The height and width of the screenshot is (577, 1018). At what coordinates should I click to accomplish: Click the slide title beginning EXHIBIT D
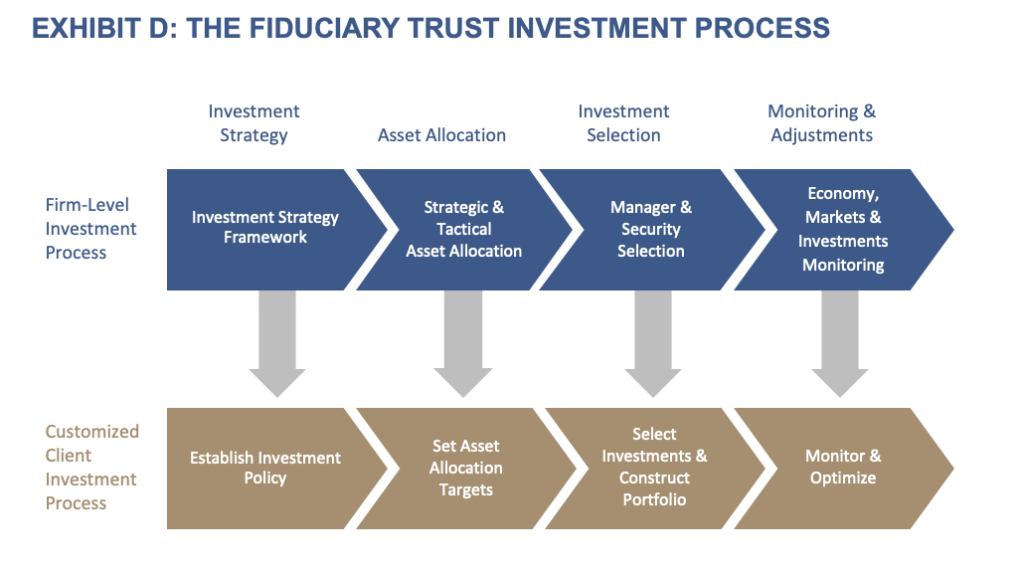pos(430,28)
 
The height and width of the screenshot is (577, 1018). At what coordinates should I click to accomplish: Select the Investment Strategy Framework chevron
pos(265,228)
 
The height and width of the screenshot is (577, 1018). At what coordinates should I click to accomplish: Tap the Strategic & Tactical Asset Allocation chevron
pos(463,229)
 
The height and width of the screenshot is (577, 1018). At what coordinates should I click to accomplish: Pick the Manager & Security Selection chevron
pos(650,229)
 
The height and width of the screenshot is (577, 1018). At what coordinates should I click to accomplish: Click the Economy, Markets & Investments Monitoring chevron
pos(843,229)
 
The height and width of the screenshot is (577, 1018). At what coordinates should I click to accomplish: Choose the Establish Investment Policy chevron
pos(265,468)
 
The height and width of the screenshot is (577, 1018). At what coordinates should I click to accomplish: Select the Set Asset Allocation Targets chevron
pos(465,468)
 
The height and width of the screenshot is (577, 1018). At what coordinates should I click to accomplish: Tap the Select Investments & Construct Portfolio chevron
pos(654,468)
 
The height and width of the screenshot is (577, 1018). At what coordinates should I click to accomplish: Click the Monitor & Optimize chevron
pos(843,468)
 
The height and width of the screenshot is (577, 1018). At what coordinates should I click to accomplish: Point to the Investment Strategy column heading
pos(254,123)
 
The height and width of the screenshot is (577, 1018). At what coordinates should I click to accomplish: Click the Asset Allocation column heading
pos(441,135)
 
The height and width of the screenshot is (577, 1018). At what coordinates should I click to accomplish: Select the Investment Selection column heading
pos(623,123)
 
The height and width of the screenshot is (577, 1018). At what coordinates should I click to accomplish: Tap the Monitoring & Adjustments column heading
pos(822,123)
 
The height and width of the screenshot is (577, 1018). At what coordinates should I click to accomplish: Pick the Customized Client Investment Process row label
pos(92,468)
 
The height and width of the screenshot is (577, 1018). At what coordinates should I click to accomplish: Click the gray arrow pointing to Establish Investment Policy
pos(277,343)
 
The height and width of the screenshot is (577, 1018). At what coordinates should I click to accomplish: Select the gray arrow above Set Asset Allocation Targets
pos(463,343)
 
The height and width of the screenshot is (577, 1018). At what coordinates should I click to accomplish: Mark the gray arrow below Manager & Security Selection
pos(653,343)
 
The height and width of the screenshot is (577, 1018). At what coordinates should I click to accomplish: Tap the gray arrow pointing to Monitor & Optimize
pos(840,343)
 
